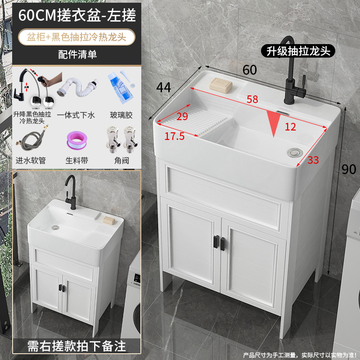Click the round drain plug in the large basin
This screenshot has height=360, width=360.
click(x=295, y=153)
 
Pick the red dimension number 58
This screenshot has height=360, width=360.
click(x=252, y=100)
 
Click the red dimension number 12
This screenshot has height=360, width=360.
click(x=291, y=127)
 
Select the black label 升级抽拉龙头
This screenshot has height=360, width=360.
click(x=297, y=51)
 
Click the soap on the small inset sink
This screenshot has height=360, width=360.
click(x=108, y=220)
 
